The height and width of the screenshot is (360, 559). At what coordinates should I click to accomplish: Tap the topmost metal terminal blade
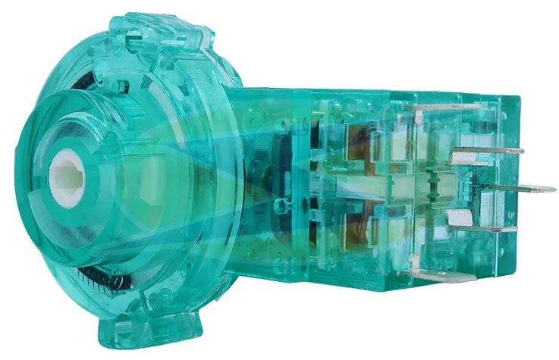448,108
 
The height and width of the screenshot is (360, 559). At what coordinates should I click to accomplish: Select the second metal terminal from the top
485,152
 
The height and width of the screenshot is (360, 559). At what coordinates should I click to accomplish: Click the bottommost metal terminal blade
448,274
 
